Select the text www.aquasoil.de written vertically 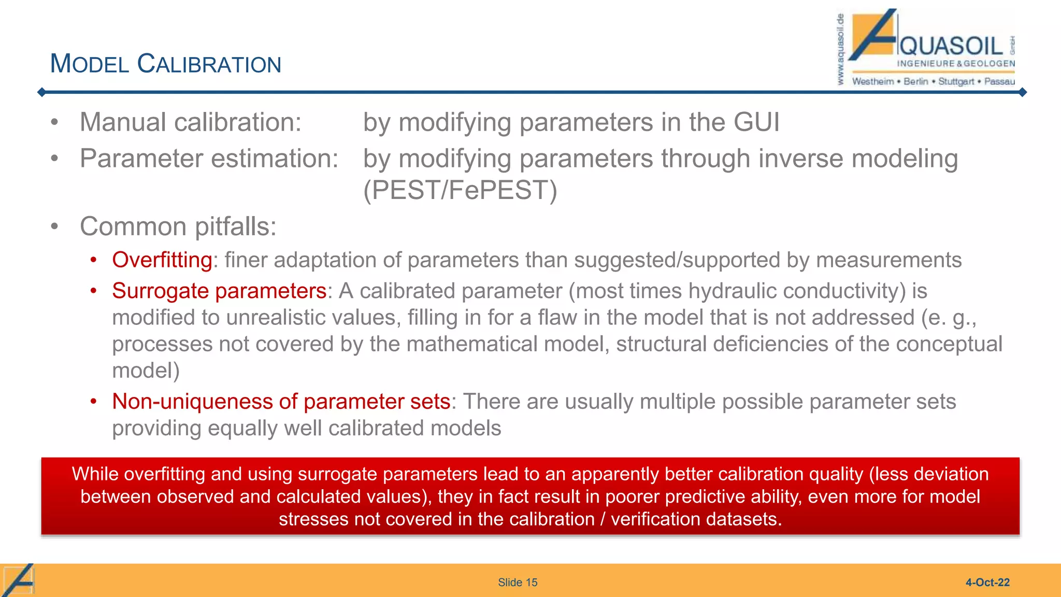[840, 49]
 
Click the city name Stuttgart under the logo [956, 81]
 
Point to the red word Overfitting [162, 260]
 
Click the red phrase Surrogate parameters [219, 291]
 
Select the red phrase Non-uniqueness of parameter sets [281, 402]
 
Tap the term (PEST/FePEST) [460, 190]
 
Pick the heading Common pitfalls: [178, 226]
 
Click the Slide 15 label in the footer [517, 582]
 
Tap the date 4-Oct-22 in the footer [987, 582]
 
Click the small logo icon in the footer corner [19, 580]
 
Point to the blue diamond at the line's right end [1022, 92]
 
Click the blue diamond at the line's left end [42, 92]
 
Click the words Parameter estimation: [209, 159]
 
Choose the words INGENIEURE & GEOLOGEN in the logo [956, 63]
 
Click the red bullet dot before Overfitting [93, 260]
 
